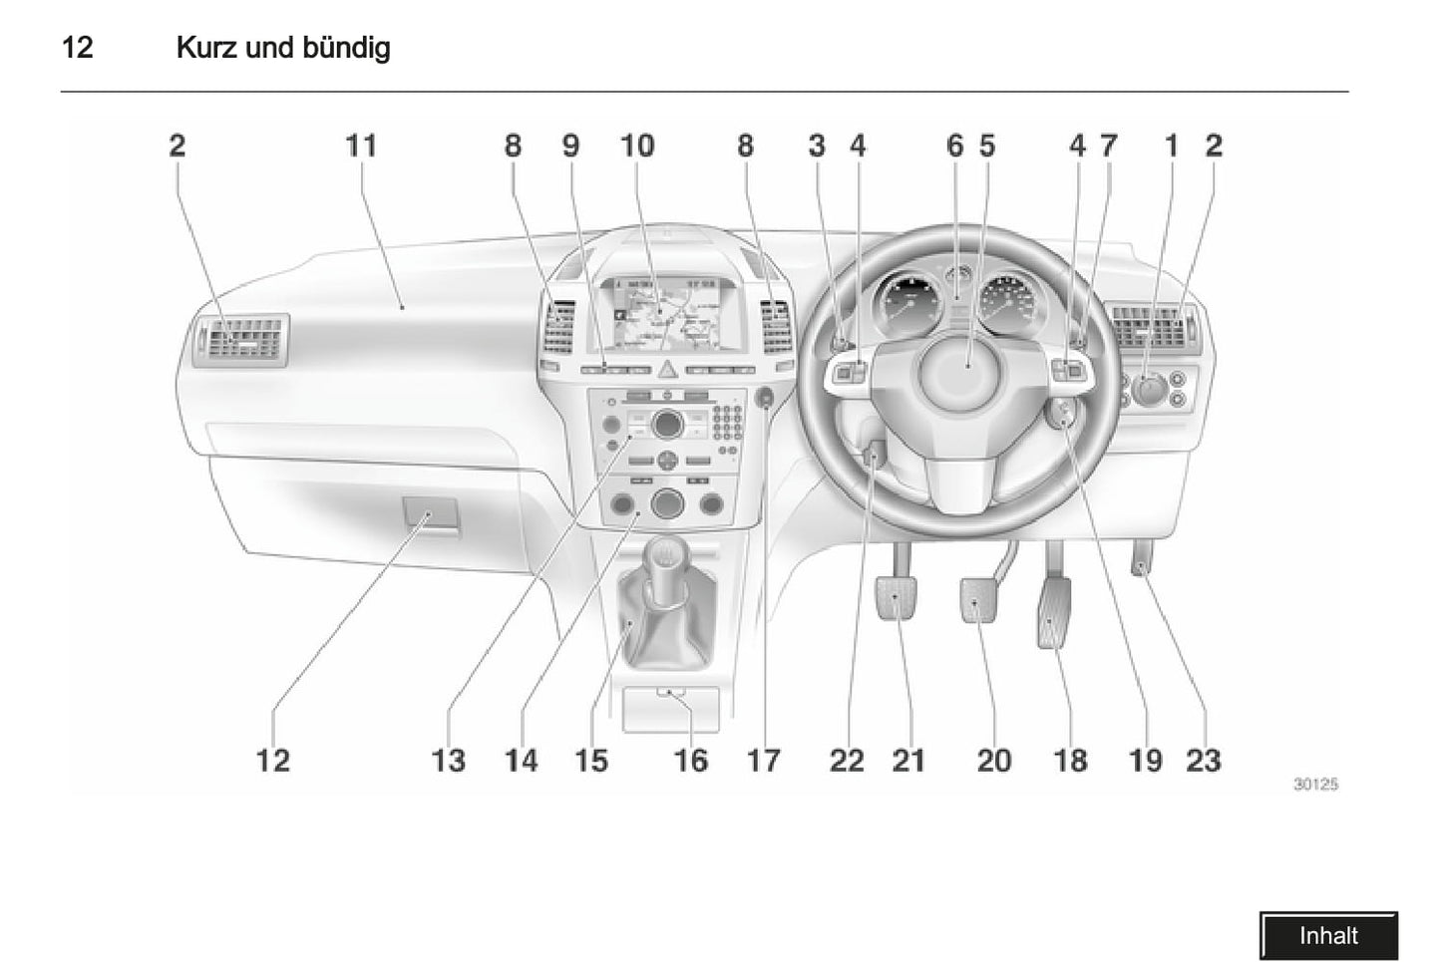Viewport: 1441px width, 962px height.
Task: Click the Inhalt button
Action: click(1327, 936)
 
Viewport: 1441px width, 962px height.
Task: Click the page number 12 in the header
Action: click(78, 47)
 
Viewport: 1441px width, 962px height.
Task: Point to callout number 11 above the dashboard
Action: click(361, 146)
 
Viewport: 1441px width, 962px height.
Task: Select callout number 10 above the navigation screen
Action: click(637, 146)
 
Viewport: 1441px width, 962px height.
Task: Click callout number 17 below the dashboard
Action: click(763, 761)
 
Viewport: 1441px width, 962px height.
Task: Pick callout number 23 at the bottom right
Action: click(1204, 761)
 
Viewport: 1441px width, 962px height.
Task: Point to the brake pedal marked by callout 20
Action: click(978, 600)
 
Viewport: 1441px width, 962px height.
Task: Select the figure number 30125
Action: click(1315, 785)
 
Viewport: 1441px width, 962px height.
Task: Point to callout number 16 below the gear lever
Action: click(690, 761)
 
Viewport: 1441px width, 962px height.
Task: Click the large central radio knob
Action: click(665, 426)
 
